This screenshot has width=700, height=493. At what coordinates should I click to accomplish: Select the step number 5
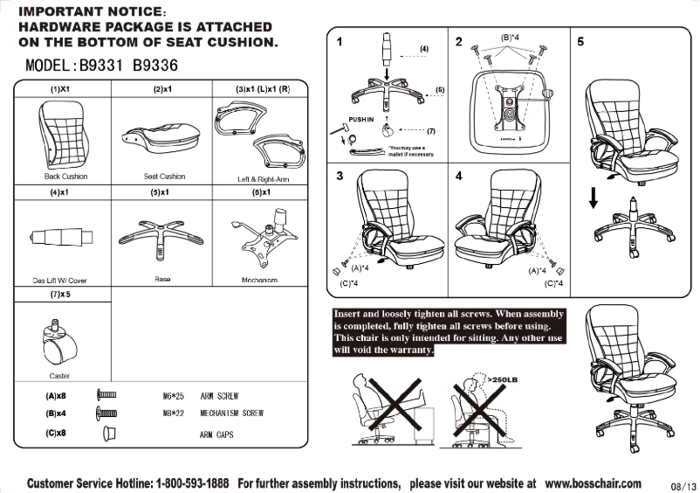point(580,41)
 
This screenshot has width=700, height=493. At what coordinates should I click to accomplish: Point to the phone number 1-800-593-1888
point(195,483)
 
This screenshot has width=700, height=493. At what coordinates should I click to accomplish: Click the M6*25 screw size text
point(172,396)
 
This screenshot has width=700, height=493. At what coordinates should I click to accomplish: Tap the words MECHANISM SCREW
point(231,413)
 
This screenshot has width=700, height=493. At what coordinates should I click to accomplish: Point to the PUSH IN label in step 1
point(360,118)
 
